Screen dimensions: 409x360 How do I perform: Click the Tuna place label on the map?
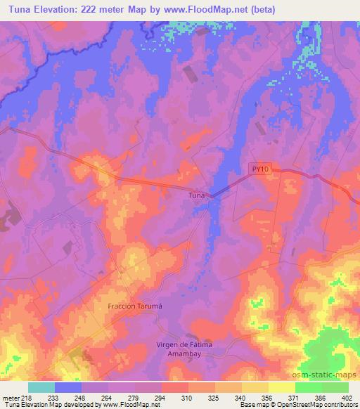197,196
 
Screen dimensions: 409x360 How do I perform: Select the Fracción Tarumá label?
135,306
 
